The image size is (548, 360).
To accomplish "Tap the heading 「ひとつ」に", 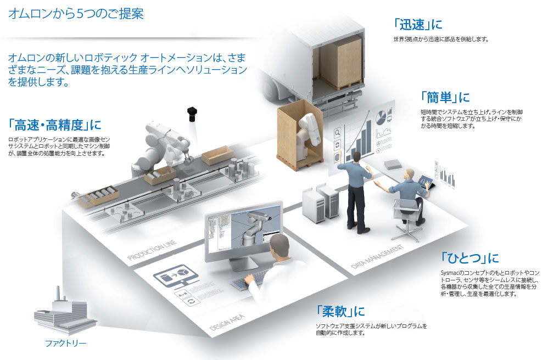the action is [x=469, y=258].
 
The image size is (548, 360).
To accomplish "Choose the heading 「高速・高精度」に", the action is [x=55, y=125].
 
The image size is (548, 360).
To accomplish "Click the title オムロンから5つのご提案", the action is [x=76, y=14].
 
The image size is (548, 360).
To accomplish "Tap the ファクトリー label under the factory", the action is [x=66, y=343].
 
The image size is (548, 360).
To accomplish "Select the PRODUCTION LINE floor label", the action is [x=152, y=250].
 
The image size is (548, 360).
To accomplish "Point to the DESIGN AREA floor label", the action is [x=227, y=322].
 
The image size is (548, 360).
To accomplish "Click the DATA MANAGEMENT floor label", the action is [x=377, y=257].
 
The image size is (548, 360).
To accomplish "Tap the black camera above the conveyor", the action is [x=192, y=114].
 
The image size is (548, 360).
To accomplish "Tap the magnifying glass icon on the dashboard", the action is [x=337, y=133].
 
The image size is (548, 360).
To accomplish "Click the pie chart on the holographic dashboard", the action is [x=381, y=117].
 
